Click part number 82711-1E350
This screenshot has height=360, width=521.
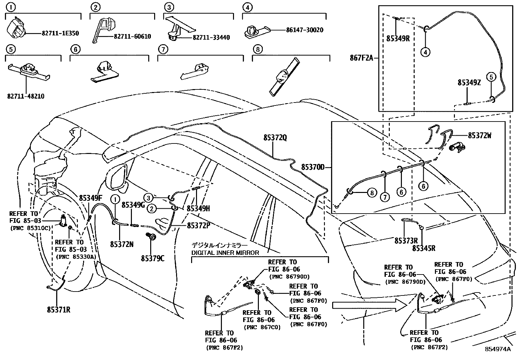click(x=60, y=33)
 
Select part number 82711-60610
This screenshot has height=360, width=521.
click(x=132, y=36)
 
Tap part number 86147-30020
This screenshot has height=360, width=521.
click(x=304, y=30)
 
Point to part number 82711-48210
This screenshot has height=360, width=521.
click(x=26, y=96)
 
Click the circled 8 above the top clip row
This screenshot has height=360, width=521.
click(x=258, y=49)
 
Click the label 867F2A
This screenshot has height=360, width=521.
click(x=361, y=59)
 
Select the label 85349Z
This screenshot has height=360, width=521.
click(x=469, y=83)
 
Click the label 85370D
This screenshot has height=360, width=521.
click(x=313, y=167)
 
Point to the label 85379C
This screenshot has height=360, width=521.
click(x=153, y=258)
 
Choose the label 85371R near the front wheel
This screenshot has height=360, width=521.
click(x=58, y=309)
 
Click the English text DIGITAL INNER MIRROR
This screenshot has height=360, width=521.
click(x=225, y=253)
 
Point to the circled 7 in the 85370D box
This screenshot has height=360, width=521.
click(x=385, y=197)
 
